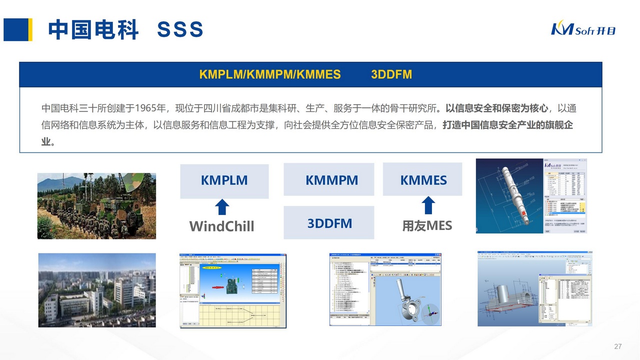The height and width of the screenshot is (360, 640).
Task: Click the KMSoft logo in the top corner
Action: point(583,29)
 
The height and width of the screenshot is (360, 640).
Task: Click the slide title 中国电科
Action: point(93,30)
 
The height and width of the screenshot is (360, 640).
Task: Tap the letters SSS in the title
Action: point(180,30)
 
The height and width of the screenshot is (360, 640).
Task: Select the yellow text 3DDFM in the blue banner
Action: point(391,74)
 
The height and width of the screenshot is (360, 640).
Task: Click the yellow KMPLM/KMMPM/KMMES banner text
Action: point(269,74)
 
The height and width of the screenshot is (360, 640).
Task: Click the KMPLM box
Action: point(224,180)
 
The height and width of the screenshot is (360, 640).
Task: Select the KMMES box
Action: point(423,180)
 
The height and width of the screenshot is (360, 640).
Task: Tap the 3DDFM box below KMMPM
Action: point(329,223)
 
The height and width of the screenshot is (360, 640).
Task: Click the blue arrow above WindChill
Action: point(222,207)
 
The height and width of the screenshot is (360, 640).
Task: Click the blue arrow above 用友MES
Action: point(428,205)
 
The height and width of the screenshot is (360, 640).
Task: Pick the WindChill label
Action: point(221,226)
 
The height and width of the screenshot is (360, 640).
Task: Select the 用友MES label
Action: point(427,225)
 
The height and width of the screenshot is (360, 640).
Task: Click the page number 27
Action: point(617,346)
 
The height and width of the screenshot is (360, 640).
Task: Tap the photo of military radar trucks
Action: point(96,205)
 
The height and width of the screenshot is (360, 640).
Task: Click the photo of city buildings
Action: point(97,290)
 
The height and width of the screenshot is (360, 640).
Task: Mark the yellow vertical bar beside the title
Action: point(30,29)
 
